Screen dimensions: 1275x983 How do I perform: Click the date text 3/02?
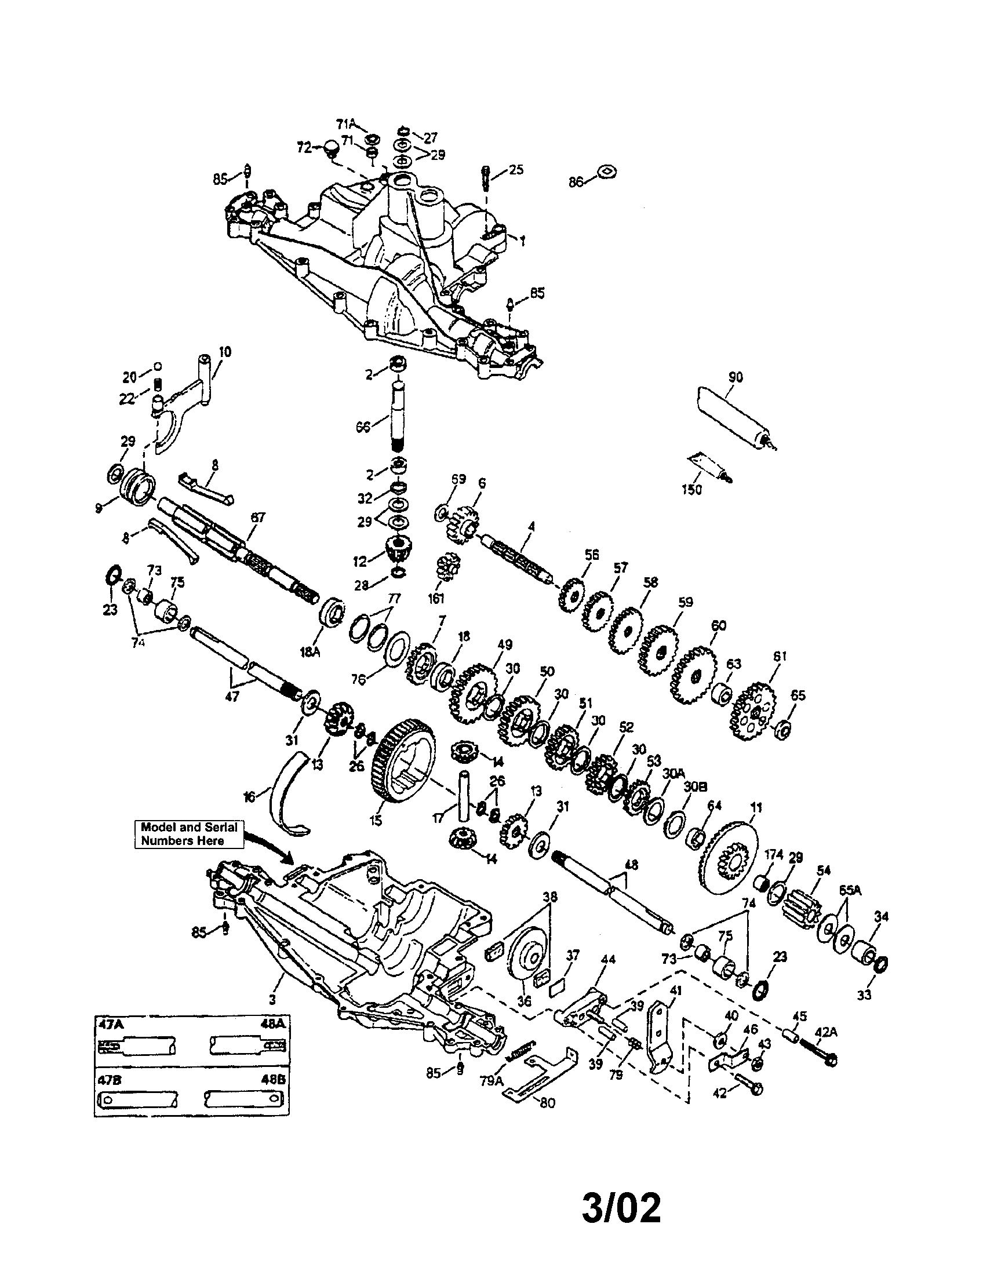click(x=622, y=1192)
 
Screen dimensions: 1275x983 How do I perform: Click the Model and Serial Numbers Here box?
click(x=189, y=833)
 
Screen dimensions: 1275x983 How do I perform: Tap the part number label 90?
click(x=736, y=377)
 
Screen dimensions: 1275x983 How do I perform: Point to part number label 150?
click(x=691, y=489)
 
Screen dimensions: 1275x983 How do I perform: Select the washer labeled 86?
click(x=607, y=173)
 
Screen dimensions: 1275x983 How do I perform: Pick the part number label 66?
click(x=363, y=427)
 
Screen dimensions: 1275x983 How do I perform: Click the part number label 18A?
click(x=310, y=652)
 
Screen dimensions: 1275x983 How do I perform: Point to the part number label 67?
click(x=258, y=516)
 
